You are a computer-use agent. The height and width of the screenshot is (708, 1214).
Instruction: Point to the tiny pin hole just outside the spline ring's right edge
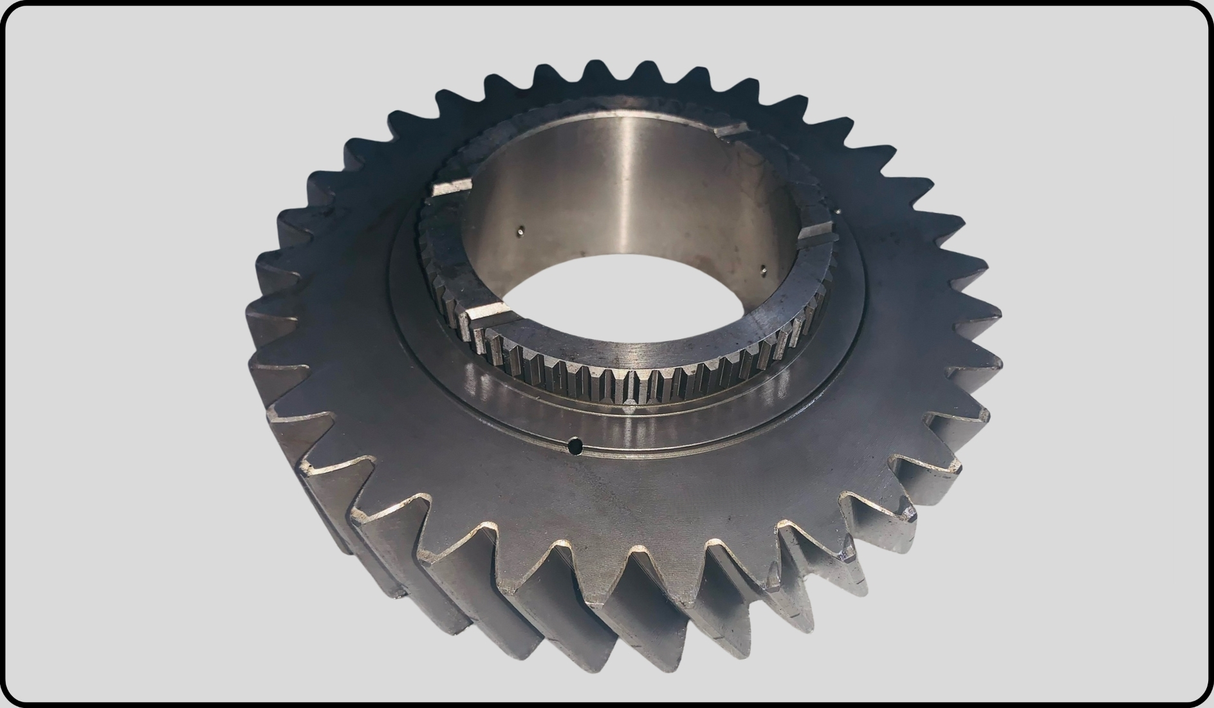[838, 210]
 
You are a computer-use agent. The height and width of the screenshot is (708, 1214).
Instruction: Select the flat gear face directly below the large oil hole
[579, 502]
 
